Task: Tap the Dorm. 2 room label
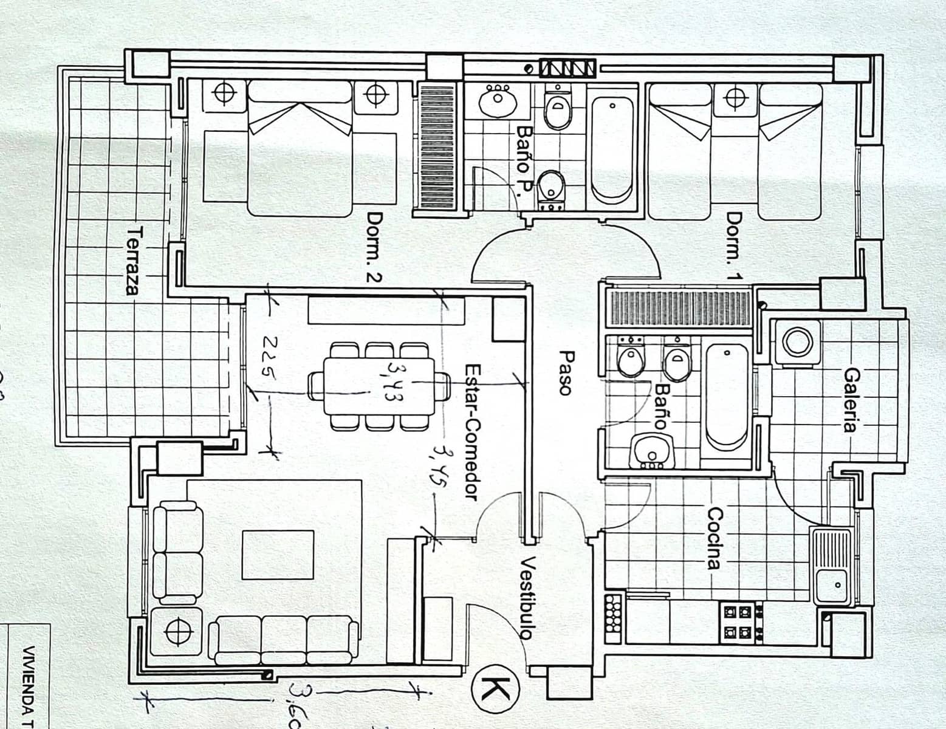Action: pos(374,247)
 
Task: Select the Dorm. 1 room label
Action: pos(734,246)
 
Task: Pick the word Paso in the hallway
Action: pos(566,373)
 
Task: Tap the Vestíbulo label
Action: pos(527,598)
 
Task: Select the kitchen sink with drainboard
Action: pos(831,567)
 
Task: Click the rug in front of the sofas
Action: pos(278,555)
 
